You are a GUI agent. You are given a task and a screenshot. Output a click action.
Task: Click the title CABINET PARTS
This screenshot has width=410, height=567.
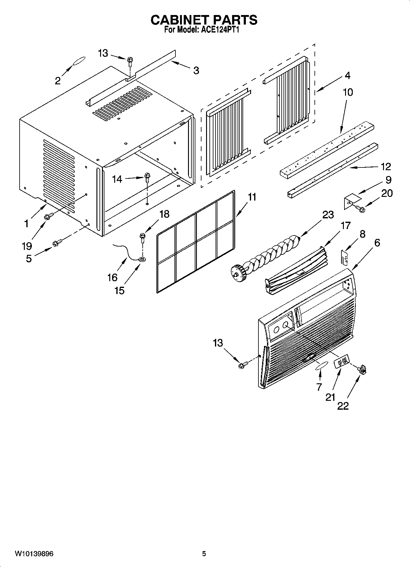click(x=204, y=20)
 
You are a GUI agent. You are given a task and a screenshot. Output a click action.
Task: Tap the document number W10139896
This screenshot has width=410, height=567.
click(x=34, y=554)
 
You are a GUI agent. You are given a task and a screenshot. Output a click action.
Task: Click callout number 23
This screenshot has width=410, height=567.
click(x=328, y=215)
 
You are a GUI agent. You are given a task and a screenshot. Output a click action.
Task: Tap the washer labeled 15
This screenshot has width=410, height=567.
click(x=142, y=259)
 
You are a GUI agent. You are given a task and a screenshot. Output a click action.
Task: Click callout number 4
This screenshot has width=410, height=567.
click(x=347, y=75)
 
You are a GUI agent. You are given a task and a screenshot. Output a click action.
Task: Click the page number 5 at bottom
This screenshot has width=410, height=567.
click(x=204, y=554)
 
